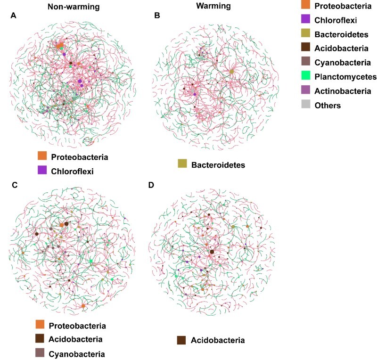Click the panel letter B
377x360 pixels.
157,16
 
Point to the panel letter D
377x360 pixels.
151,185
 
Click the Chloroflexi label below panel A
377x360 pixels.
73,172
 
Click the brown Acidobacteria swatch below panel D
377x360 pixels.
181,340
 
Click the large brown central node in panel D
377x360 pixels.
212,252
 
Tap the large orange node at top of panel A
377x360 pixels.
60,46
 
